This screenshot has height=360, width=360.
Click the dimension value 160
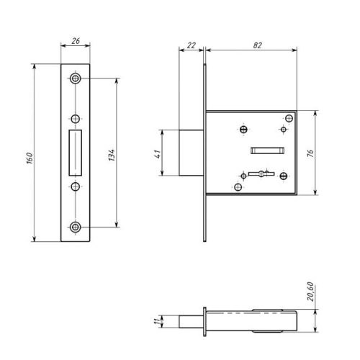pyautogui.click(x=30, y=158)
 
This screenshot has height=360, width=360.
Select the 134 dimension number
pyautogui.click(x=112, y=155)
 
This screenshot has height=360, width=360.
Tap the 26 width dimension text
pyautogui.click(x=76, y=41)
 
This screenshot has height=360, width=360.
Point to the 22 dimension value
pyautogui.click(x=192, y=45)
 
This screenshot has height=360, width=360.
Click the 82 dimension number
pyautogui.click(x=257, y=45)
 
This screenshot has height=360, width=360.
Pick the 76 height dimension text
pyautogui.click(x=310, y=153)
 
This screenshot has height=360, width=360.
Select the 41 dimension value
pyautogui.click(x=157, y=154)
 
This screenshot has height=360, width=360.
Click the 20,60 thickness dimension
pyautogui.click(x=310, y=292)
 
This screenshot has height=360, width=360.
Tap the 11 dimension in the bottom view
pyautogui.click(x=156, y=321)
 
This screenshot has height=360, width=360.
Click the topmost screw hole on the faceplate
pyautogui.click(x=76, y=78)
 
